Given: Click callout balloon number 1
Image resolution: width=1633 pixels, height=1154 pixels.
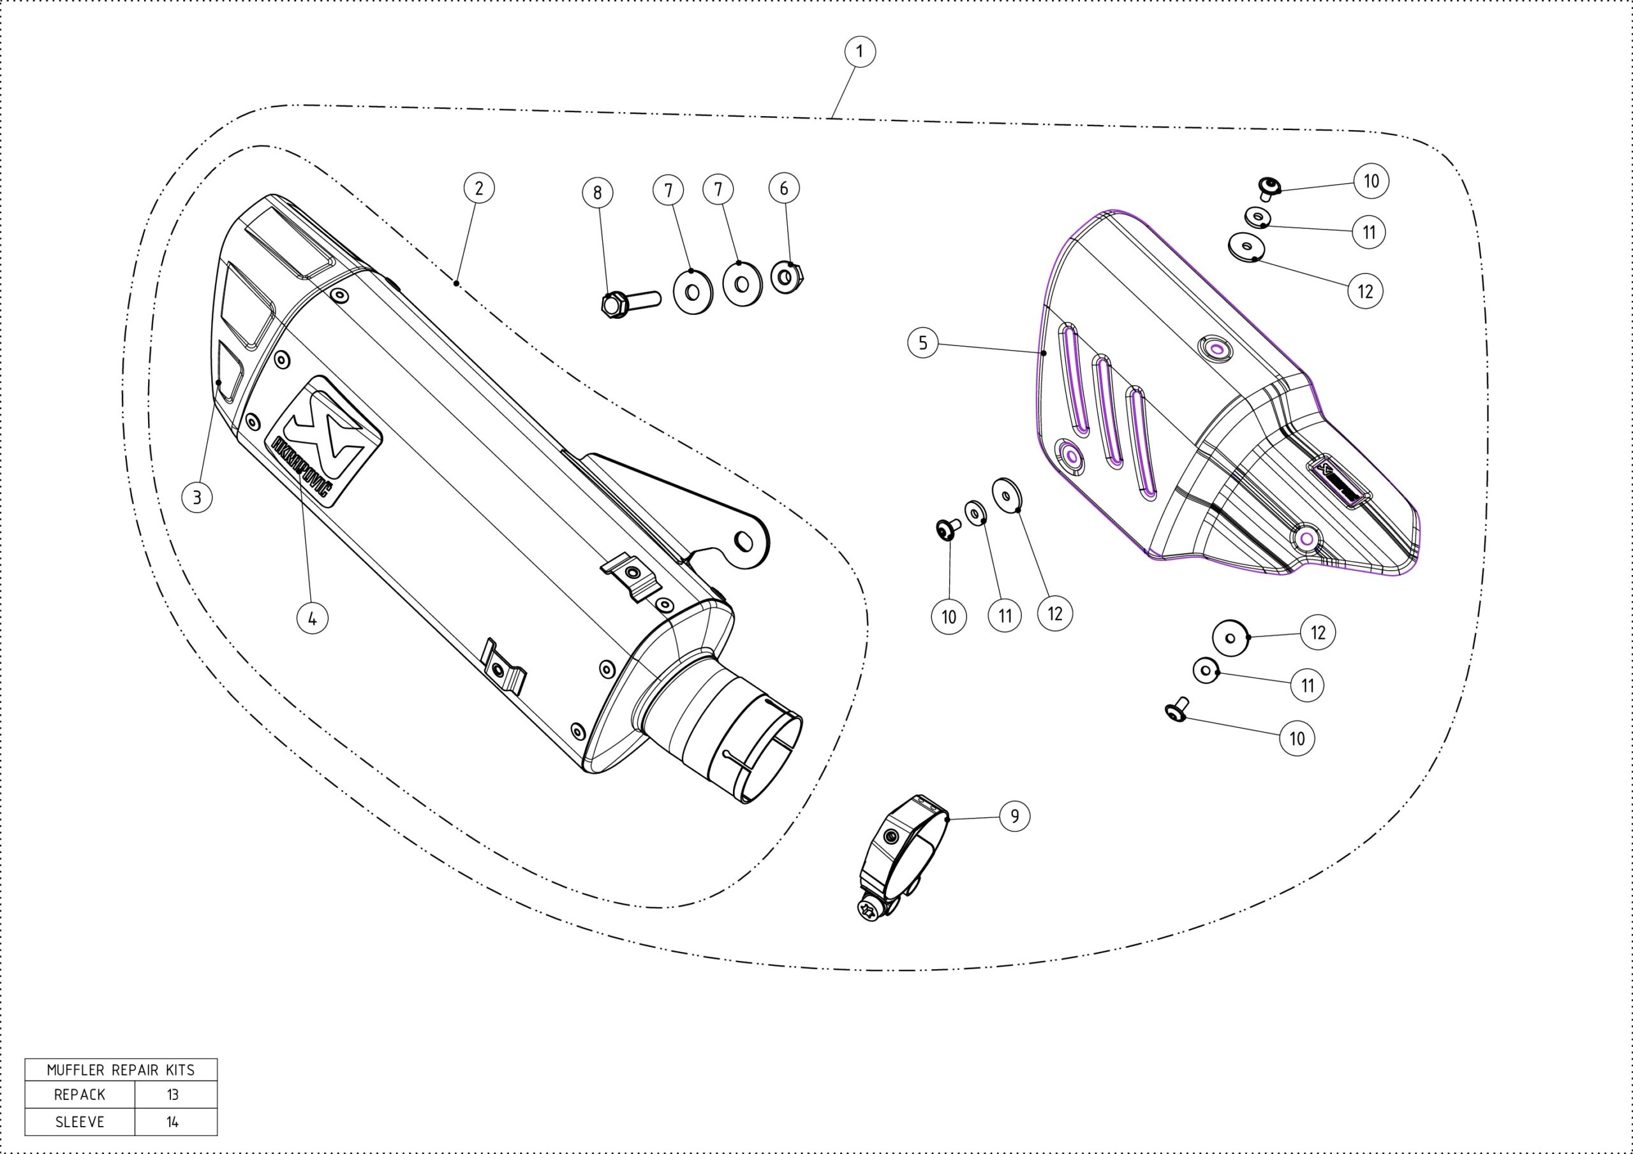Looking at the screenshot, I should (860, 51).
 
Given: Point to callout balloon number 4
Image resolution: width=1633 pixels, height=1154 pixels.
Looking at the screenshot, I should (312, 618).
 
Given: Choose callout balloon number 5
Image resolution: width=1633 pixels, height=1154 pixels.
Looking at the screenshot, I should (923, 344).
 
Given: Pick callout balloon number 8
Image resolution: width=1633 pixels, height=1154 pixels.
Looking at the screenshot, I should (598, 192).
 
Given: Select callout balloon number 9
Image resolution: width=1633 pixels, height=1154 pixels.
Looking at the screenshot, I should (1014, 815).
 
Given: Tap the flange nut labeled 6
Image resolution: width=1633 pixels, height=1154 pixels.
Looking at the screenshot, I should (787, 277).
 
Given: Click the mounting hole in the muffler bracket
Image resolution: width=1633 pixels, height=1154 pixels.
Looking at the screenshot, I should (744, 542).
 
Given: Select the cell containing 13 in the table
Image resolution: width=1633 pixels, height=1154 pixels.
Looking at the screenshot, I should (173, 1094).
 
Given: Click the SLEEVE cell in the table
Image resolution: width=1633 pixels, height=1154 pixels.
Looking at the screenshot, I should (80, 1121).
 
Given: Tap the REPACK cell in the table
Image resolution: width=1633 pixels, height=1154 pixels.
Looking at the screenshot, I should (80, 1094).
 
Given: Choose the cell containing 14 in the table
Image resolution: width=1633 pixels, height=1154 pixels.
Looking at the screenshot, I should (173, 1121).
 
